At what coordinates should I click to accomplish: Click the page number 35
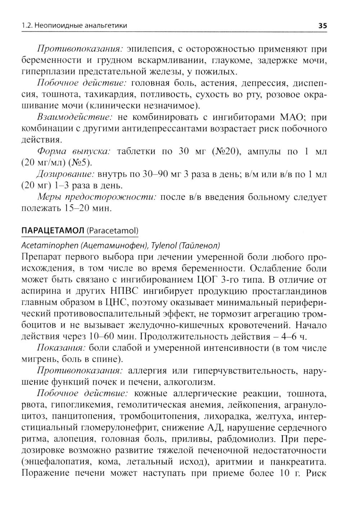click(323, 26)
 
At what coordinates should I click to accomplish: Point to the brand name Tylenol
click(164, 246)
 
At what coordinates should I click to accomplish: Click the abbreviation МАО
click(290, 117)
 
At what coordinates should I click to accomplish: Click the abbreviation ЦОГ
click(203, 280)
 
